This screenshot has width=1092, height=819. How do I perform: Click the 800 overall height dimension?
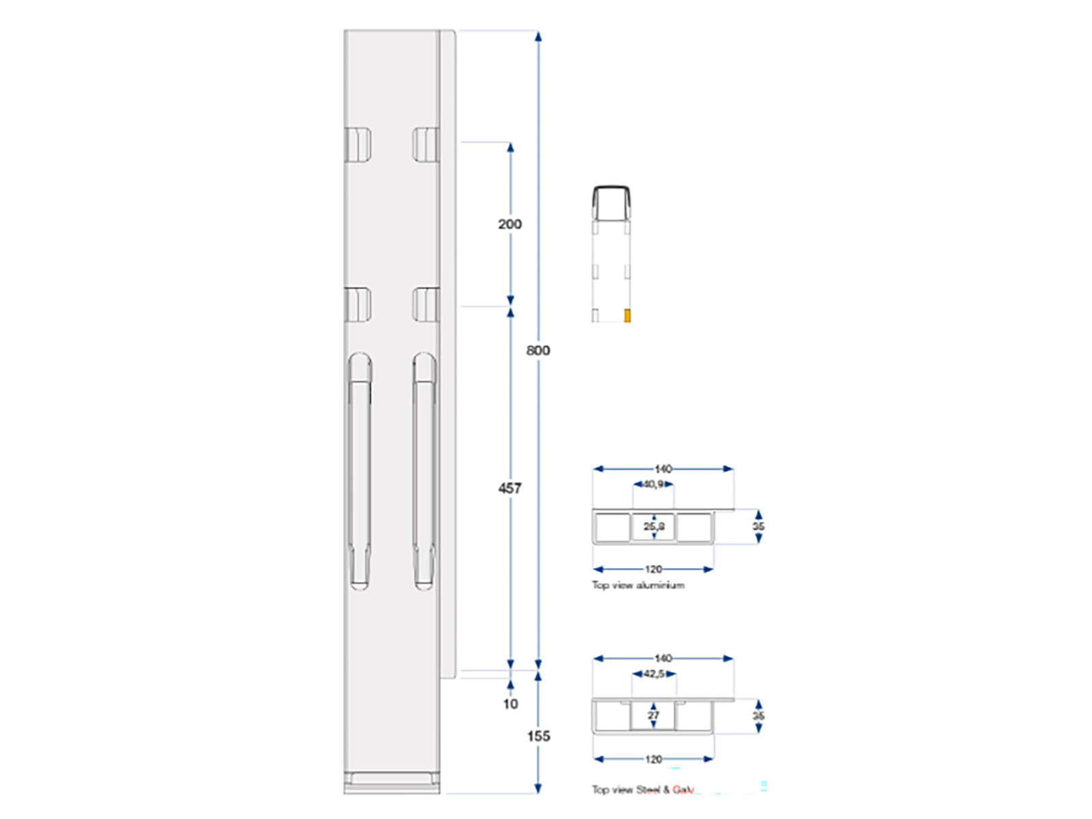pos(538,350)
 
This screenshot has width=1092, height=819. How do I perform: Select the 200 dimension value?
pos(510,224)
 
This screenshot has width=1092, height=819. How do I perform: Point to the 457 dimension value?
pos(510,488)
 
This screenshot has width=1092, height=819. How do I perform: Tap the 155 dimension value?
pos(538,736)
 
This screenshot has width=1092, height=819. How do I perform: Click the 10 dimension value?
pos(511,704)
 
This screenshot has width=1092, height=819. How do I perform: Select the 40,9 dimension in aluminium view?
pos(653,485)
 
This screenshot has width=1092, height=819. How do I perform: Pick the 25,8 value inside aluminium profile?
pos(654,526)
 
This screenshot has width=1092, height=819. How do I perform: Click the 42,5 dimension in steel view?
pos(654,674)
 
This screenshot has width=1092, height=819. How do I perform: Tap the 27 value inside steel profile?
pos(653,715)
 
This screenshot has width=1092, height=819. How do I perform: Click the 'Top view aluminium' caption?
pos(638,585)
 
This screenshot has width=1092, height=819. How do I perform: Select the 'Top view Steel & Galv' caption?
pos(643,790)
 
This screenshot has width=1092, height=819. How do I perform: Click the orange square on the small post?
pos(628,315)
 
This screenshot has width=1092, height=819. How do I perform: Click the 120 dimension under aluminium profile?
pos(653,569)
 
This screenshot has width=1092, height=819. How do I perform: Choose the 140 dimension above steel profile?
pos(663,659)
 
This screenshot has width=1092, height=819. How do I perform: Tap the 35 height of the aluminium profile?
pos(758,526)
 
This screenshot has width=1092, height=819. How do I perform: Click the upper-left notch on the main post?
pos(358,144)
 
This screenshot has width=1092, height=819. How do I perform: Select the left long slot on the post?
pos(360,471)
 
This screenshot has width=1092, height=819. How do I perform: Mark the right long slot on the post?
pos(424,471)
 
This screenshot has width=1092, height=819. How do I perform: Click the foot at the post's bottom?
pos(392,781)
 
